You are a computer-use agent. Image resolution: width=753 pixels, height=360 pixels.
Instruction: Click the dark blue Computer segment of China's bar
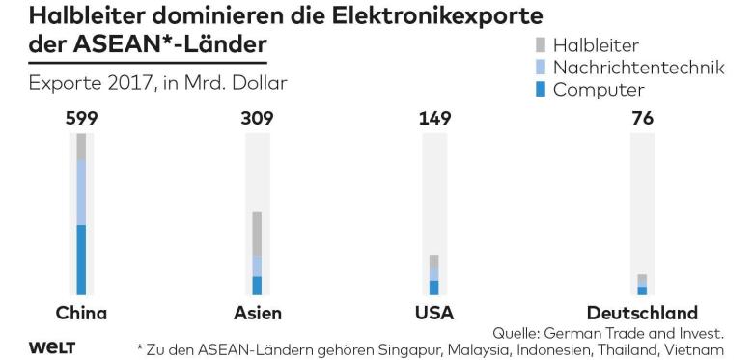(x=81, y=260)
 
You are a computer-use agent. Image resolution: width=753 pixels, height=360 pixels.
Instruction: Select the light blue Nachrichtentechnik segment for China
(x=81, y=192)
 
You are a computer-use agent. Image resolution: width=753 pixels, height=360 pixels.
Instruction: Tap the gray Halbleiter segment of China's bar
(x=81, y=147)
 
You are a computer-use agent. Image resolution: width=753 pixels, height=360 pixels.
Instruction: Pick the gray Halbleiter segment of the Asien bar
(x=257, y=234)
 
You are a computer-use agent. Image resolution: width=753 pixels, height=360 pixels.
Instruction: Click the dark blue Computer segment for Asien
(x=257, y=286)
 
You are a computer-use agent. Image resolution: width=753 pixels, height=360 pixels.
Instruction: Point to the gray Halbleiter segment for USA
(x=433, y=262)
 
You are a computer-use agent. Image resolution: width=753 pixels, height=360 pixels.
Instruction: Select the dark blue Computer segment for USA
(x=433, y=288)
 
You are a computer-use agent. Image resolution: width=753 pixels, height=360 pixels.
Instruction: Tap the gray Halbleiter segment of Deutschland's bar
(x=642, y=279)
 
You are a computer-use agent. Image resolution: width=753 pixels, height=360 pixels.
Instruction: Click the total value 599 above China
(x=81, y=118)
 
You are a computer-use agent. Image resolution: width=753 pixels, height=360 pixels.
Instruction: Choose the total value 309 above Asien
(x=257, y=118)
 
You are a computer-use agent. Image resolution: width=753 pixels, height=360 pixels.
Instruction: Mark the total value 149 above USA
(x=434, y=118)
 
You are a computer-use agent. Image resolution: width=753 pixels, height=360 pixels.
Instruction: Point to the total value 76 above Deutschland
(x=643, y=118)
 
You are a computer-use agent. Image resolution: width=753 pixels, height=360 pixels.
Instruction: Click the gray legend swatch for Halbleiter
(x=541, y=45)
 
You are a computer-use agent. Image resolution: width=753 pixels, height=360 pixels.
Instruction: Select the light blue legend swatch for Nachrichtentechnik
(x=541, y=68)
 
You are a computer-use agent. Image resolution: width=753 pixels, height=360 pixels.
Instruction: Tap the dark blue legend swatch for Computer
(x=541, y=90)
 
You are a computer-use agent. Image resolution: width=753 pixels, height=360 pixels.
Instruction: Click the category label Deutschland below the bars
(x=642, y=313)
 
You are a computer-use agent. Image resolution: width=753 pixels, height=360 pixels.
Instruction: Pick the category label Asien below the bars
(x=258, y=313)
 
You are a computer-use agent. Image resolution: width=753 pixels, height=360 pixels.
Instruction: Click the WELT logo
(x=52, y=347)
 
